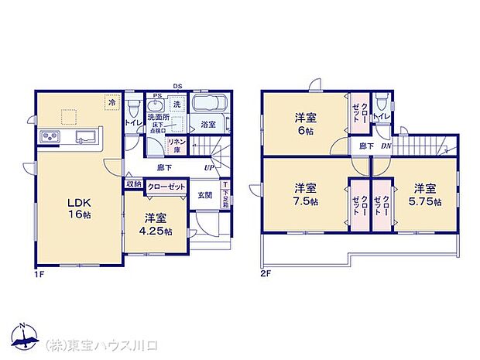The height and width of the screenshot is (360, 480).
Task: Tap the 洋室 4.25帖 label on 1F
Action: tap(156, 225)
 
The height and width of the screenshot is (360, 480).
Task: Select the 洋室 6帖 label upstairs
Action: tap(304, 124)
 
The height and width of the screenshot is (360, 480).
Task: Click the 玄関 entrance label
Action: tap(204, 195)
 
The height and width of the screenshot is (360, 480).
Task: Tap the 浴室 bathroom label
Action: tap(207, 124)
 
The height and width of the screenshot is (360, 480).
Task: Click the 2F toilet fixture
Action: tap(381, 102)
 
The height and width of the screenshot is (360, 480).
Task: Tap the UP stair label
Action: tap(209, 168)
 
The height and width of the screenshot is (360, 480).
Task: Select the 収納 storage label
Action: tap(133, 184)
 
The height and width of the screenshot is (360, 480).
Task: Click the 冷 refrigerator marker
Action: tap(111, 101)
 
